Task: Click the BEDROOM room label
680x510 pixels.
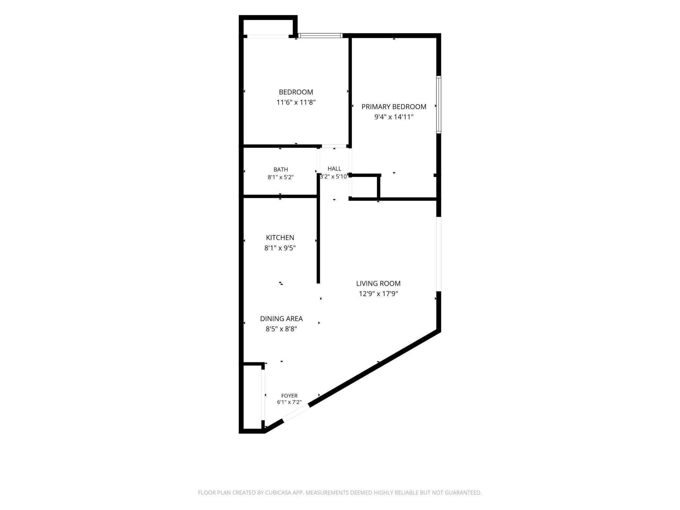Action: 296,92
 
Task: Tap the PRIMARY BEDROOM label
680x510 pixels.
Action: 394,107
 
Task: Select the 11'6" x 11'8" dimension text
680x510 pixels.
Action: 296,102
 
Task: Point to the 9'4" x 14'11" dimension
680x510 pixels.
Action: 394,117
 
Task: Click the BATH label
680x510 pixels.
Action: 281,169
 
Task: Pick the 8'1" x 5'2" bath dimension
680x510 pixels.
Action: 281,177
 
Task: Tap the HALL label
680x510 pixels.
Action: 334,169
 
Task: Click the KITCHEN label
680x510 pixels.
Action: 280,238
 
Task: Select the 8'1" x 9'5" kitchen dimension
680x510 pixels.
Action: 280,248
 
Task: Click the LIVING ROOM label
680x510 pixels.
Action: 378,283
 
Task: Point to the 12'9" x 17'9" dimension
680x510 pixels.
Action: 378,294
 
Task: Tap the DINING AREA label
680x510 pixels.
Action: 281,318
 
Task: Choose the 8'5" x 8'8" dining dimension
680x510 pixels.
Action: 281,329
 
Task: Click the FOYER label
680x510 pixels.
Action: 289,396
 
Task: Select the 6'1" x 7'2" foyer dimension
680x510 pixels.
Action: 289,402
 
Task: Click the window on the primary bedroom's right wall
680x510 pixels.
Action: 439,105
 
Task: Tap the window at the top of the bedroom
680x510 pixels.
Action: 320,36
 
